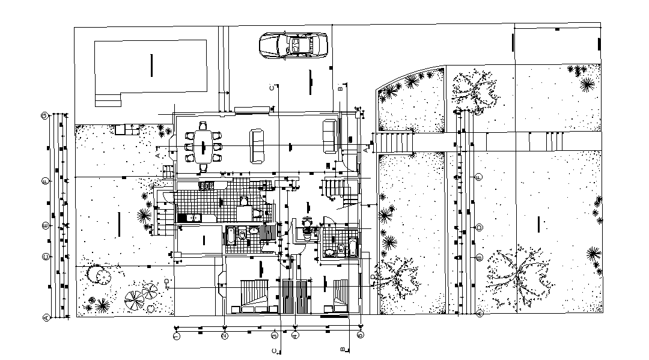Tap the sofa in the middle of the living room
257,145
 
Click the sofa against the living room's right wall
329,136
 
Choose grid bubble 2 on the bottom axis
224,335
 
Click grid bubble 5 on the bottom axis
360,335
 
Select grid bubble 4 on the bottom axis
295,335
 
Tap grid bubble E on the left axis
45,226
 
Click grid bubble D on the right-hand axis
479,227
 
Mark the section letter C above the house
272,88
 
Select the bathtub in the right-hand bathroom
353,247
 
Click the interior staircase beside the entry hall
337,189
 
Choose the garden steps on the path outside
394,143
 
